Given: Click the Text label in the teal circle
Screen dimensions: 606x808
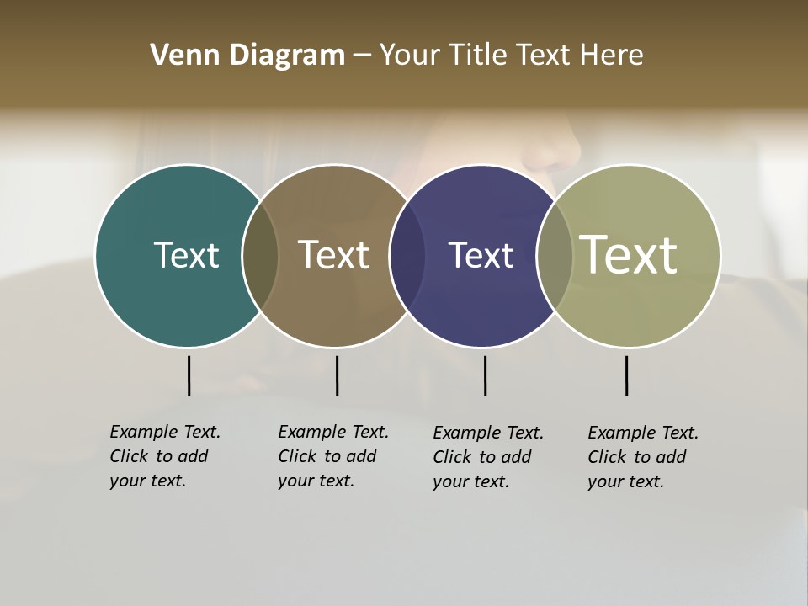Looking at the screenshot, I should pos(186,255).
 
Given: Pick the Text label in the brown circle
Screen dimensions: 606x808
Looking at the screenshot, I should pos(333,255).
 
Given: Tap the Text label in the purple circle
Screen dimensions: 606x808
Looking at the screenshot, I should pos(481,255).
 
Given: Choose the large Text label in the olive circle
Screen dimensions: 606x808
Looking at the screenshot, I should pos(629,254).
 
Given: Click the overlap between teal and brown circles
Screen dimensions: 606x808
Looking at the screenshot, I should pos(260,256).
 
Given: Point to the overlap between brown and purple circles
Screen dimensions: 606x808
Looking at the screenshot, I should pos(407,256).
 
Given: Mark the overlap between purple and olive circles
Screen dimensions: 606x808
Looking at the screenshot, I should pos(555,256).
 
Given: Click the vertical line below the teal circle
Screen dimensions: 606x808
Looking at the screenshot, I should pos(189,375).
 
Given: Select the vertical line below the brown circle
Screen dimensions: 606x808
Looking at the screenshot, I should pos(337,375).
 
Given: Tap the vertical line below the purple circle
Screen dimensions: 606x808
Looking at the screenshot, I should pos(485,375).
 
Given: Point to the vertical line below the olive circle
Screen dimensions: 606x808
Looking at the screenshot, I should pos(626,375).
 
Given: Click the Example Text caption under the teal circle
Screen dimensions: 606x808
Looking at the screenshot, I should pos(164,456).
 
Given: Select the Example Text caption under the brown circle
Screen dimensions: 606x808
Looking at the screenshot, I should pos(332,456).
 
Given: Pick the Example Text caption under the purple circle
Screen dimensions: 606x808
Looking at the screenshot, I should pos(487,457).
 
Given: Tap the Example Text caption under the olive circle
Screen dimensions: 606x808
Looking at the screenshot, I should pos(642,457).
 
